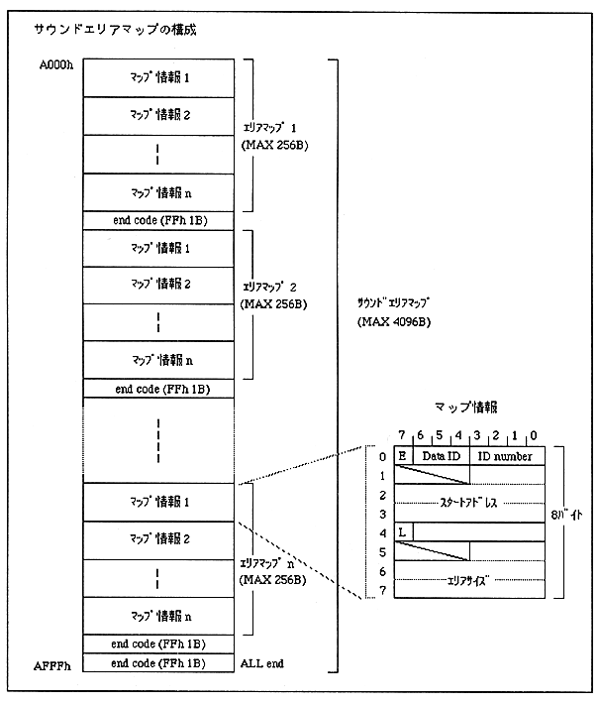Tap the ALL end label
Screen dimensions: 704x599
coord(261,662)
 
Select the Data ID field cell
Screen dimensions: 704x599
coord(440,456)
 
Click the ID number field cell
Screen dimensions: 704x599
coord(507,456)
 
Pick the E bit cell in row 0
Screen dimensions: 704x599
coord(403,456)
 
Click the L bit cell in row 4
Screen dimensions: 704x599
coord(404,531)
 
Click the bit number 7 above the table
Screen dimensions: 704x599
coord(401,434)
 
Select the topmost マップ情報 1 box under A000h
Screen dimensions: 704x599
coord(158,76)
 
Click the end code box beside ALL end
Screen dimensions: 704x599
coord(158,662)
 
